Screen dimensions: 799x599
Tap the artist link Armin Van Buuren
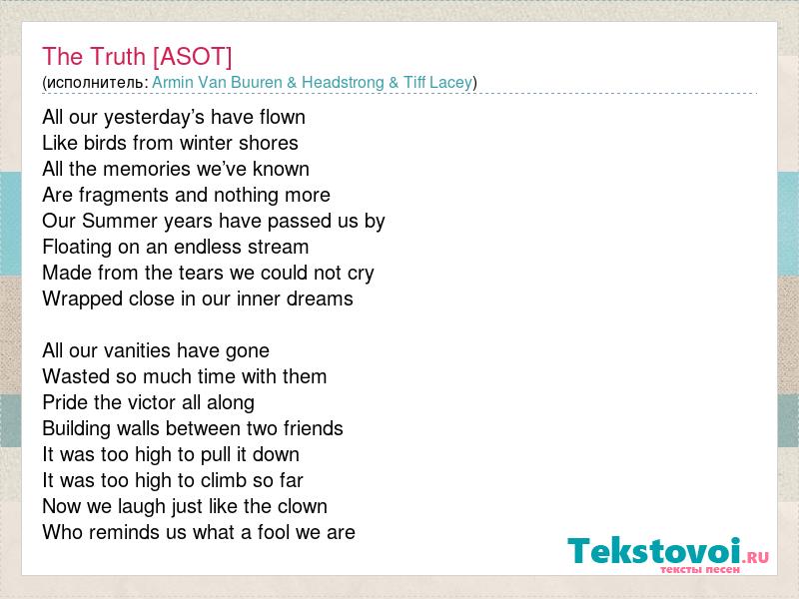pos(217,82)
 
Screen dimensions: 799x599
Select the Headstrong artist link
pos(343,83)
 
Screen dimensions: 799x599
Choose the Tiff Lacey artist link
pos(437,83)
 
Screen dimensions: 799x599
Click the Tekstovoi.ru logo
pos(668,555)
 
